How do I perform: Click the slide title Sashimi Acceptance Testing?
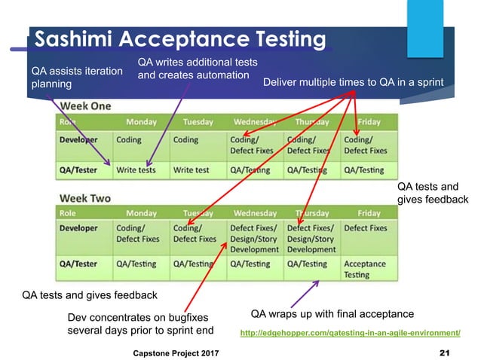coord(181,39)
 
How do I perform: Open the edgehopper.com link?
coord(350,332)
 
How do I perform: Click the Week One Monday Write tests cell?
coord(136,170)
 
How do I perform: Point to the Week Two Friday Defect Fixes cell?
coord(365,227)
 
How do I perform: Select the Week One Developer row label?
coord(80,139)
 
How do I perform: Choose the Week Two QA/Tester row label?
coord(79,264)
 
